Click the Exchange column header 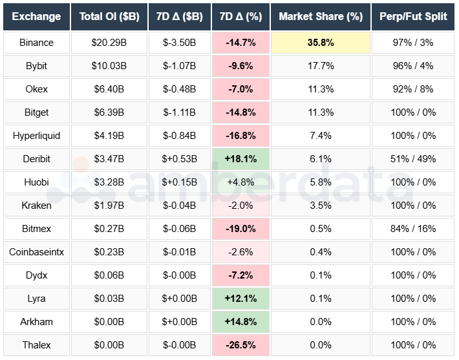[x=36, y=16]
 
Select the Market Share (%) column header [x=321, y=16]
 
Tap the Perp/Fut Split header [x=412, y=16]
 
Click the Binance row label [x=36, y=43]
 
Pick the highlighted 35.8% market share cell [x=321, y=43]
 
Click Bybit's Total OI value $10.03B [x=107, y=66]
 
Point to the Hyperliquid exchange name [x=36, y=136]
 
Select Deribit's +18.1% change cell [x=240, y=159]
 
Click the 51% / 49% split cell [x=412, y=159]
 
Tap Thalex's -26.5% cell [x=240, y=345]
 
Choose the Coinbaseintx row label [x=36, y=252]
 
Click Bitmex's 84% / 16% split [x=412, y=229]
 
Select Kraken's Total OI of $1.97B [x=107, y=206]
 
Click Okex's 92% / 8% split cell [x=412, y=89]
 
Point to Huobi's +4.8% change [x=240, y=182]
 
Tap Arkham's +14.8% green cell [x=240, y=322]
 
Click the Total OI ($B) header [x=107, y=16]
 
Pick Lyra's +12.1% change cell [x=240, y=299]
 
